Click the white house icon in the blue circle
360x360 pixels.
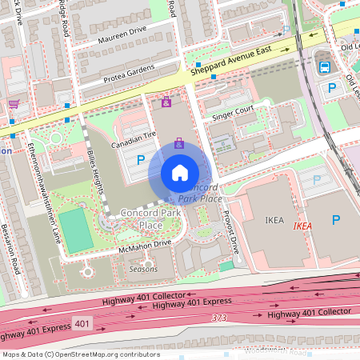pyautogui.click(x=180, y=173)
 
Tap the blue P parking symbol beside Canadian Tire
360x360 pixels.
pyautogui.click(x=141, y=161)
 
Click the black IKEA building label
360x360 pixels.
pyautogui.click(x=275, y=218)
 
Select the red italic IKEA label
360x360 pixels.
pyautogui.click(x=302, y=226)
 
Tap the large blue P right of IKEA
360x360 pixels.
pyautogui.click(x=336, y=220)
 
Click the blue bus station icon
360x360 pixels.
pyautogui.click(x=325, y=67)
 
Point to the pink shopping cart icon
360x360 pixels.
pyautogui.click(x=13, y=103)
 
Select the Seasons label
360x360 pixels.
pyautogui.click(x=143, y=270)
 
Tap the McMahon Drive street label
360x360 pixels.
pyautogui.click(x=145, y=246)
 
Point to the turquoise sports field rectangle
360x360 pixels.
pyautogui.click(x=75, y=229)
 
